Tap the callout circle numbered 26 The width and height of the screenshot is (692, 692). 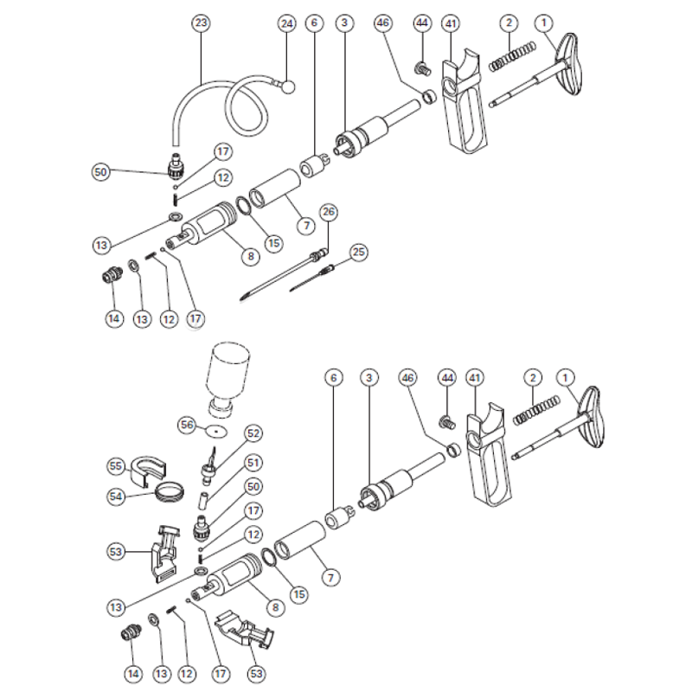click(x=328, y=211)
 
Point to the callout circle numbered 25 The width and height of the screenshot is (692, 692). click(x=358, y=253)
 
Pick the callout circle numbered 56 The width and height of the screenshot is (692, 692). click(x=186, y=425)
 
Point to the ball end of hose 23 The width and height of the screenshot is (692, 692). click(x=287, y=86)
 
